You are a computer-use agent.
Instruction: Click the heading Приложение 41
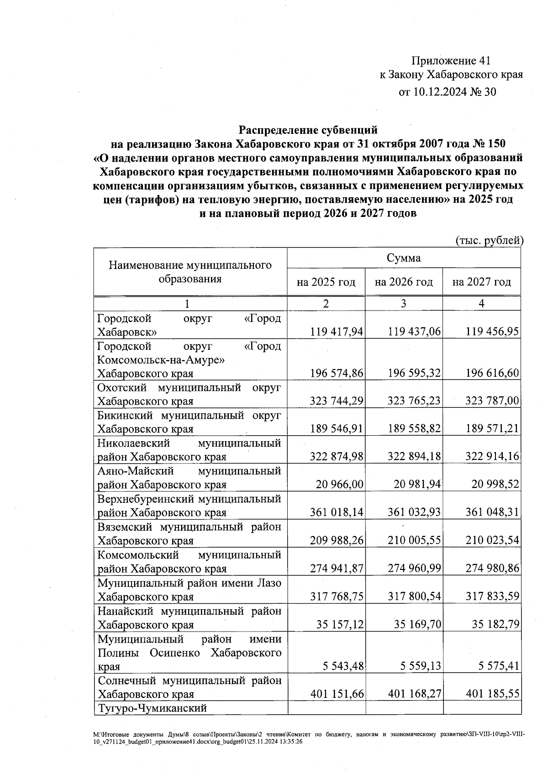[451, 61]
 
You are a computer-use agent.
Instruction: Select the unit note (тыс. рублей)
[489, 240]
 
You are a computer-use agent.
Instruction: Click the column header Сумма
[404, 258]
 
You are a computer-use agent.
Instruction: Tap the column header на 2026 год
[404, 282]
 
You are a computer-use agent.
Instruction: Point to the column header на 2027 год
[481, 282]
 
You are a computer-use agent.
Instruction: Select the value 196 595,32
[414, 374]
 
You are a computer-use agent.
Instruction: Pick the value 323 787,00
[492, 401]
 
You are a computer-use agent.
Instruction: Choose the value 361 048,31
[492, 513]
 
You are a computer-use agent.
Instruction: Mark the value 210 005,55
[414, 541]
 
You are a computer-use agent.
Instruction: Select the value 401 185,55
[492, 694]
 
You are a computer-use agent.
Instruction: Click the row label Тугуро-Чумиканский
[153, 708]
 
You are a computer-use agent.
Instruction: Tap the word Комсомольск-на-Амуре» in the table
[161, 360]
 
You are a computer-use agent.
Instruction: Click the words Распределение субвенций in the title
[309, 131]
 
